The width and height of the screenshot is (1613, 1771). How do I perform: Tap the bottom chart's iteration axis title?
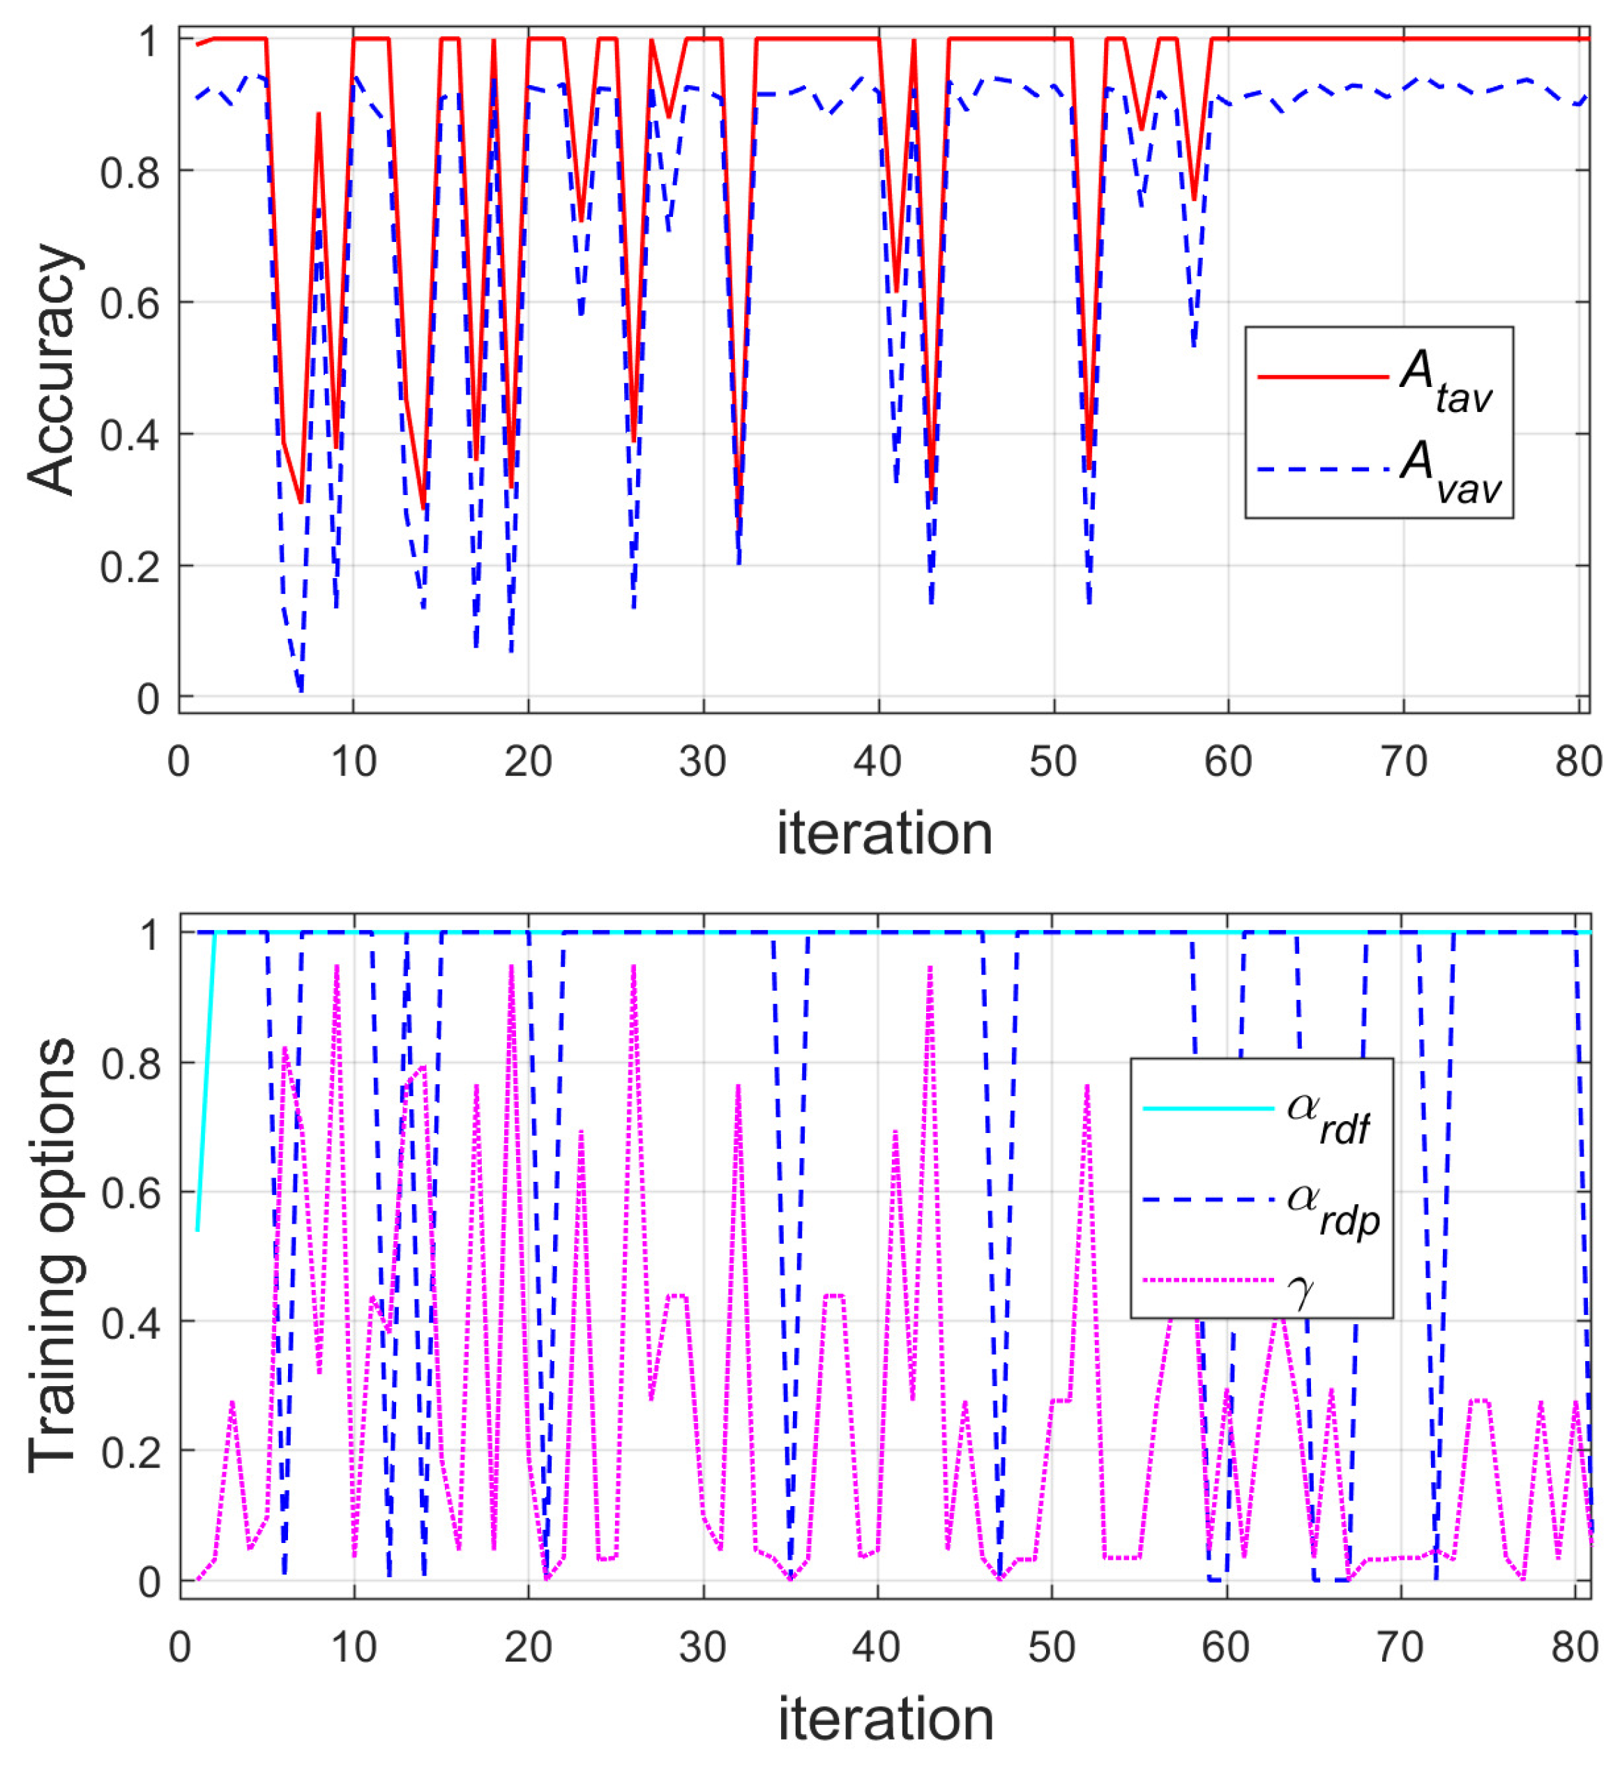pos(885,1719)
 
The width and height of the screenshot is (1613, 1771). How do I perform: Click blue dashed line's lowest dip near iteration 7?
pos(301,690)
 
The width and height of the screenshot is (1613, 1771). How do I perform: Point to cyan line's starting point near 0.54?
pos(197,1230)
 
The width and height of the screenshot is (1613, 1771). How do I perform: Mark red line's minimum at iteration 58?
pos(1193,199)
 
